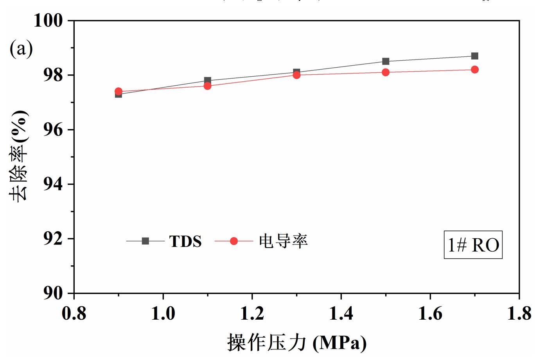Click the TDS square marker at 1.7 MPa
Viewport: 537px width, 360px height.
pos(474,56)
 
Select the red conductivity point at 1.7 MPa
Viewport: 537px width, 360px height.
pos(474,70)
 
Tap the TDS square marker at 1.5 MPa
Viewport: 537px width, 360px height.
pos(386,61)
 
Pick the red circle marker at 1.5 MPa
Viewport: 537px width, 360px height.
pos(386,72)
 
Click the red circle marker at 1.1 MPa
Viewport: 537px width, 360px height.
pos(208,86)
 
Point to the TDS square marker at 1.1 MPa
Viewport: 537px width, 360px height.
pos(208,80)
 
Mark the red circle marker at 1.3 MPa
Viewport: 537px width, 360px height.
pos(296,75)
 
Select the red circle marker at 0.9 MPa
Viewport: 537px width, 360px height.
pos(119,91)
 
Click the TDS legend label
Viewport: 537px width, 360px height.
pos(185,241)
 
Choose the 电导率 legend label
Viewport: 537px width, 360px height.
pos(283,241)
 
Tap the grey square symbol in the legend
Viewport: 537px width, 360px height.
pos(145,241)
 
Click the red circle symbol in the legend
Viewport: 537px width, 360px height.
pos(234,241)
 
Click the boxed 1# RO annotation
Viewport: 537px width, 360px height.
pos(473,245)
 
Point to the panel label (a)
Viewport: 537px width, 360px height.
pos(21,49)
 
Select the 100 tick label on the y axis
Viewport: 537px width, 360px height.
pos(48,21)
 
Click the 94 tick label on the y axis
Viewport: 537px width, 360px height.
pos(53,184)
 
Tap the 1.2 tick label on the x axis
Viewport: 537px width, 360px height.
pos(252,313)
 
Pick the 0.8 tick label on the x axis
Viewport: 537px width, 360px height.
pos(74,313)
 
